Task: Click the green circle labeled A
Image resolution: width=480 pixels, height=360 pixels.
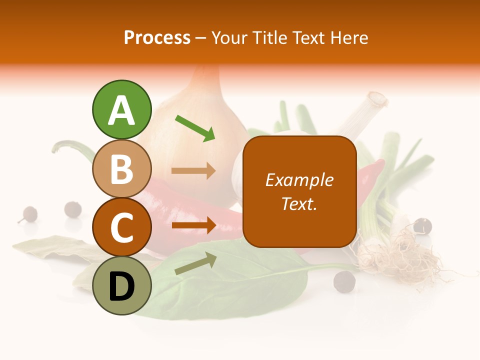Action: click(x=121, y=109)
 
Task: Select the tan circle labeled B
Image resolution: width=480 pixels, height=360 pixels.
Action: click(x=121, y=168)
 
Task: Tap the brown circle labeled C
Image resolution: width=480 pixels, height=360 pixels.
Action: click(x=121, y=227)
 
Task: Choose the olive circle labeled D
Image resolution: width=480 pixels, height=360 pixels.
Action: click(x=121, y=286)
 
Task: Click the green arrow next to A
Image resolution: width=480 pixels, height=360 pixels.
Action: click(x=195, y=128)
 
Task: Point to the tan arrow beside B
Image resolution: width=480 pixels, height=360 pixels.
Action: click(x=193, y=171)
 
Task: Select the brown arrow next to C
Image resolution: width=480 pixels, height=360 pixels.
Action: click(x=193, y=225)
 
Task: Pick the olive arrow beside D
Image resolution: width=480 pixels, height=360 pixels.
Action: click(x=195, y=263)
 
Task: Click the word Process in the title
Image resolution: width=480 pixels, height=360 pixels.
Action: click(x=157, y=38)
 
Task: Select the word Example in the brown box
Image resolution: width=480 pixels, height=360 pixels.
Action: click(x=299, y=180)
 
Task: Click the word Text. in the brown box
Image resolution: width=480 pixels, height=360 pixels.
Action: click(x=299, y=203)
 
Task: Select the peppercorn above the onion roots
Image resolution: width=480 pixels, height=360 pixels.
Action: click(x=423, y=225)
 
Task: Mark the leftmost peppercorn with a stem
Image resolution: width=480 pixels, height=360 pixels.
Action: click(x=28, y=214)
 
